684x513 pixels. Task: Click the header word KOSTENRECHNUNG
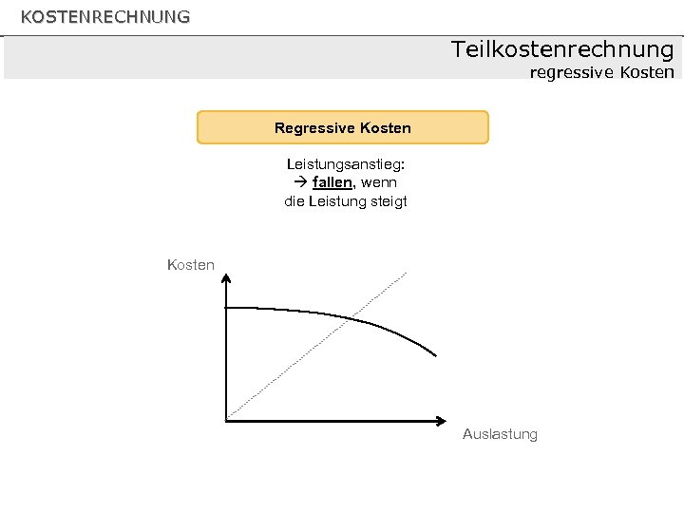tap(105, 17)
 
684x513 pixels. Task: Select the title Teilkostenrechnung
tap(562, 49)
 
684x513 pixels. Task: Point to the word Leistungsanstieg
tap(345, 163)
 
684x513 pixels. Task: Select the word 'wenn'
tap(378, 182)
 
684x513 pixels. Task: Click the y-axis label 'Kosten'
tap(191, 265)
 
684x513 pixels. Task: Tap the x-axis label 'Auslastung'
tap(500, 434)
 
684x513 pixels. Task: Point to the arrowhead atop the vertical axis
tap(226, 277)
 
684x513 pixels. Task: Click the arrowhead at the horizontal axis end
tap(442, 419)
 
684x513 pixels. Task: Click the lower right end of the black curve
tap(435, 355)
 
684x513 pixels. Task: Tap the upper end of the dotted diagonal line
tap(406, 273)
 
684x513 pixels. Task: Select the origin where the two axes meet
tap(226, 419)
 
